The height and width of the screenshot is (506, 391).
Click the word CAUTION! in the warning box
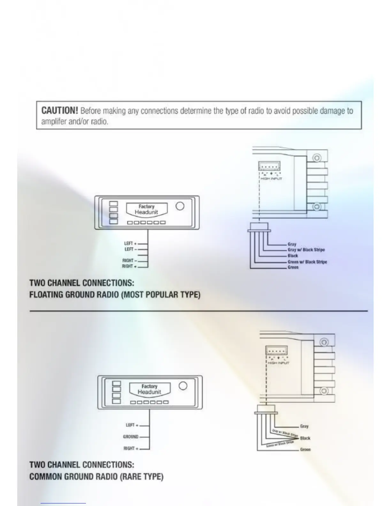pos(60,111)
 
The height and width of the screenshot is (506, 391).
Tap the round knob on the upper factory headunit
pos(180,206)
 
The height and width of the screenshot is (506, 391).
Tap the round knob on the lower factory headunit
pos(183,386)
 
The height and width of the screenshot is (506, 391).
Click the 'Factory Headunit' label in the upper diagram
pos(146,210)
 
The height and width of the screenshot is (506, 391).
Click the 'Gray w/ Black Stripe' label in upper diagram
pos(306,250)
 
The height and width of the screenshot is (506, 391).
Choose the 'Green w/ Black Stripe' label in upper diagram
pos(307,262)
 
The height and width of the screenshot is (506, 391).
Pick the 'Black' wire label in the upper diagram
pos(293,256)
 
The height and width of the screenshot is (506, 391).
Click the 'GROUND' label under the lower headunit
pos(131,437)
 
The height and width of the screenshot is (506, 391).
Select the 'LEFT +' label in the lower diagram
pos(132,425)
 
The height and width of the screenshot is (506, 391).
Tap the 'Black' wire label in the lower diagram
pos(305,438)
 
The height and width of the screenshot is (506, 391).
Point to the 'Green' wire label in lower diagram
pos(305,449)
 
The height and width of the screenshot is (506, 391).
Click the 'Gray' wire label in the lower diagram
pos(304,426)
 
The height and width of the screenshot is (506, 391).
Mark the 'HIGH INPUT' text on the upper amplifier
pos(271,179)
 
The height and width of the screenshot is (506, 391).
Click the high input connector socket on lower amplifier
pos(277,351)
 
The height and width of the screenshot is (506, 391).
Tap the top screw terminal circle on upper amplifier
pos(317,158)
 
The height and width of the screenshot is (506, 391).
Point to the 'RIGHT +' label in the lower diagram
pos(131,448)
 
